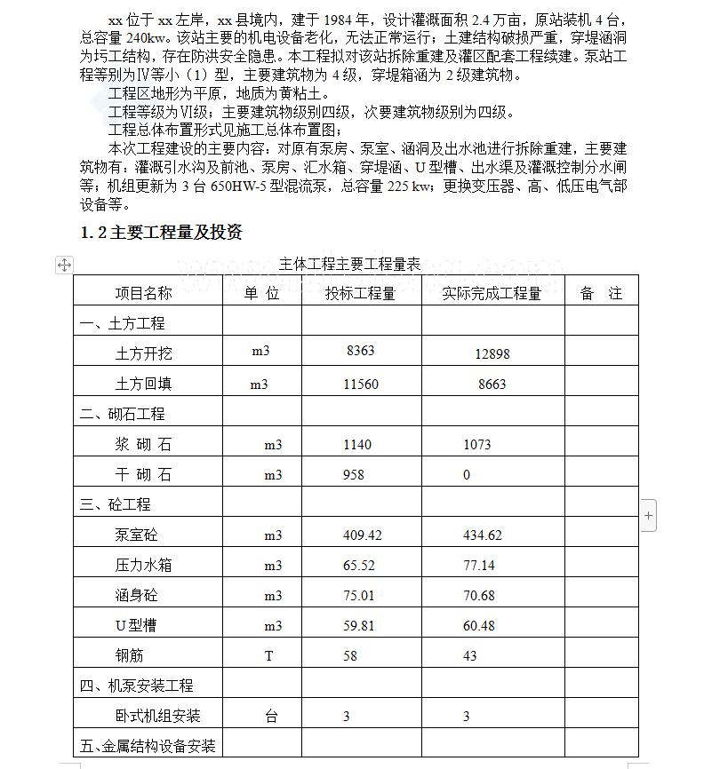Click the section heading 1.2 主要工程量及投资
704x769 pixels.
point(161,233)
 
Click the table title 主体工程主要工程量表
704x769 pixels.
point(349,264)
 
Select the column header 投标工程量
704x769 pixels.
point(360,293)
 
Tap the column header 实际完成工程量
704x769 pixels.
point(492,293)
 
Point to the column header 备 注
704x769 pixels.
point(602,293)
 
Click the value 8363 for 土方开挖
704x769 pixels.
point(360,351)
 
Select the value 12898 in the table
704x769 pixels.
point(492,353)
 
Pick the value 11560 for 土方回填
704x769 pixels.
point(361,384)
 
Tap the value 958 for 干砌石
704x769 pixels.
point(354,474)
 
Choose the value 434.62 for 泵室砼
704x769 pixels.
point(483,535)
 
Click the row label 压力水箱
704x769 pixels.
point(143,565)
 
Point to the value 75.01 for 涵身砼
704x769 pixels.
point(359,595)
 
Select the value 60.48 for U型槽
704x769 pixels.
point(479,626)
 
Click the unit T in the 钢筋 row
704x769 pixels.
point(269,656)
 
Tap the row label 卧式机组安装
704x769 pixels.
point(157,716)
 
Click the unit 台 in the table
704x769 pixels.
point(271,716)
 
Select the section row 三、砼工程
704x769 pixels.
point(116,504)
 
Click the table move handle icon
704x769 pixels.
point(64,265)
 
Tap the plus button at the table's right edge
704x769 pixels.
point(648,515)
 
